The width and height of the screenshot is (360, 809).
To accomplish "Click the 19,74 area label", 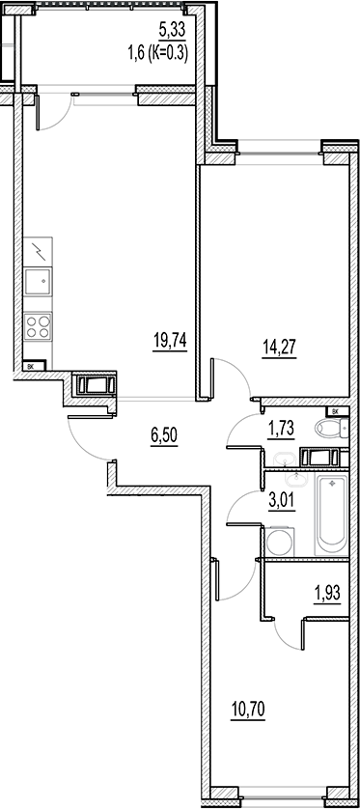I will point(169,339).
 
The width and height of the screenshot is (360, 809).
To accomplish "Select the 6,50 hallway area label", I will point(165,435).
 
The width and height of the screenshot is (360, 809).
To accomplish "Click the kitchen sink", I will point(39,283).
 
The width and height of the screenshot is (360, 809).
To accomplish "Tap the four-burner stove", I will point(39,325).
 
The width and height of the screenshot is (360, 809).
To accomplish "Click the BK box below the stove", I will point(31,366).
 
